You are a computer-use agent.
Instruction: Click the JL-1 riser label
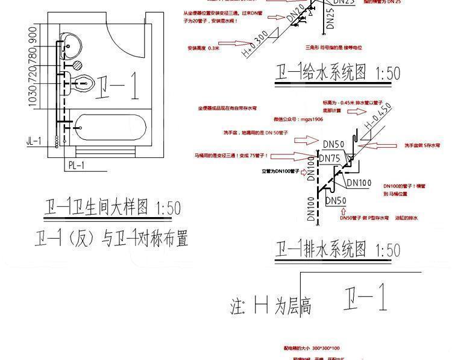(34, 141)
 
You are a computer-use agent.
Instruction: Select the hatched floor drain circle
(78, 65)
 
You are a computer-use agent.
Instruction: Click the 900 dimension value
(32, 35)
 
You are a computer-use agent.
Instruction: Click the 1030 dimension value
(32, 95)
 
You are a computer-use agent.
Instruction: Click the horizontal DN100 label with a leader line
(359, 183)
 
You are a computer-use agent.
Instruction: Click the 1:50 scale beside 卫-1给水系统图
(387, 74)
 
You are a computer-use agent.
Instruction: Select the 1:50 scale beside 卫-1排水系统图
(387, 249)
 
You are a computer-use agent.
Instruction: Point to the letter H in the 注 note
(260, 305)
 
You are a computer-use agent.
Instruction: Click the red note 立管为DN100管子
(280, 171)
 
